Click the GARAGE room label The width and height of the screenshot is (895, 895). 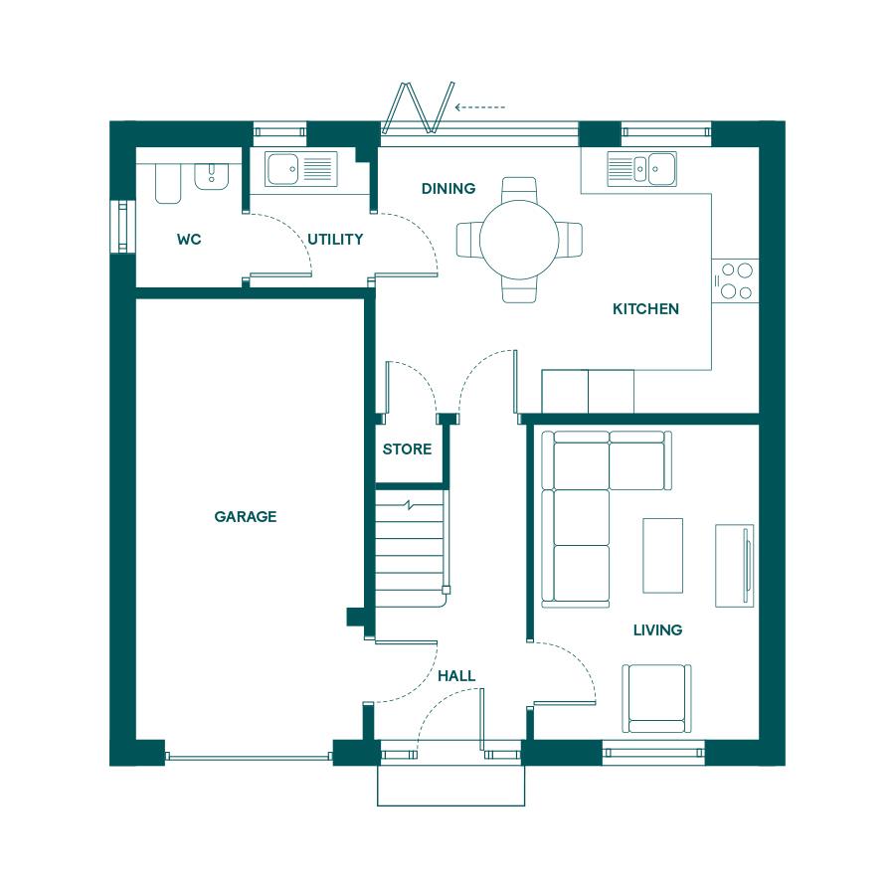[x=246, y=516]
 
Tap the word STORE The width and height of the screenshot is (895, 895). [x=407, y=449]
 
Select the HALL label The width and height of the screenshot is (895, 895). [x=456, y=676]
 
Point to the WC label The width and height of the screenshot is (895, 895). [x=189, y=239]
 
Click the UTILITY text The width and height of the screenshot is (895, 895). [x=335, y=239]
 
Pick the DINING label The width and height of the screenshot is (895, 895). [x=448, y=188]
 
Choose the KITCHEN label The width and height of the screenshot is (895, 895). [x=645, y=309]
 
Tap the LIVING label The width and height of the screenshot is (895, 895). [x=657, y=629]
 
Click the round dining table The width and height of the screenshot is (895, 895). [x=519, y=240]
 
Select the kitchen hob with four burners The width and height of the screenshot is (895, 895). [x=735, y=280]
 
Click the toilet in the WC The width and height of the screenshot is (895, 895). [x=168, y=183]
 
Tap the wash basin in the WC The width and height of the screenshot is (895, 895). [x=211, y=176]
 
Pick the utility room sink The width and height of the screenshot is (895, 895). [x=300, y=169]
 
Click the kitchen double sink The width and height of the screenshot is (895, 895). [x=641, y=169]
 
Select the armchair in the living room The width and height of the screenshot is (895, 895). [x=656, y=698]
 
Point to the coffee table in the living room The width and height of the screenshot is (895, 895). [x=662, y=555]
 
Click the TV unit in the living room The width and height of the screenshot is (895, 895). [x=735, y=565]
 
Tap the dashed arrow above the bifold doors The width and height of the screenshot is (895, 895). [x=480, y=107]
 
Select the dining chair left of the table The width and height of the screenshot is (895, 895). [x=469, y=240]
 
